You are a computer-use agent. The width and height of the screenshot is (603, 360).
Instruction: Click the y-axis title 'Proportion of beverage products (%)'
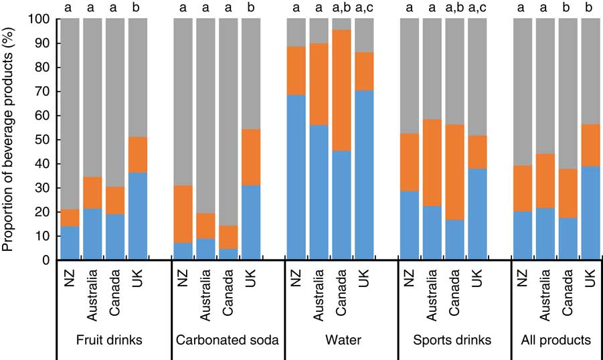pos(9,141)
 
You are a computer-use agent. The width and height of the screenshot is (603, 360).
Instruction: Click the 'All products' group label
pos(556,341)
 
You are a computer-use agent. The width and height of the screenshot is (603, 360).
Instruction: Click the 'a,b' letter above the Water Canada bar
pos(342,8)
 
